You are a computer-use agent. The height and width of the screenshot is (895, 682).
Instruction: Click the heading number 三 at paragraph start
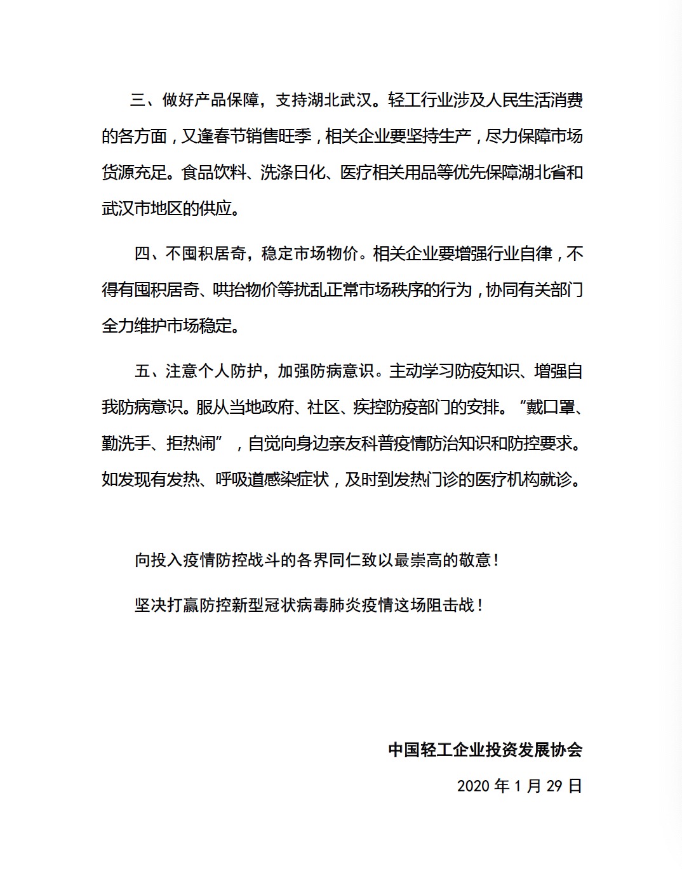(138, 100)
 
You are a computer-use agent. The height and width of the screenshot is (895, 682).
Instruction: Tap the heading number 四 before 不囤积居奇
(142, 254)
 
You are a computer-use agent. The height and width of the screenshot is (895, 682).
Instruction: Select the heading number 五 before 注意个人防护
(142, 371)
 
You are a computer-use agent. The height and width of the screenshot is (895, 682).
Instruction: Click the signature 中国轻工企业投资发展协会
(485, 750)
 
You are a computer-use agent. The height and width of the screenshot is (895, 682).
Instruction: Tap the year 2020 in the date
(473, 786)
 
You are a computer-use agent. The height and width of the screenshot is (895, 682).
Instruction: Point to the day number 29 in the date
(554, 786)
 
